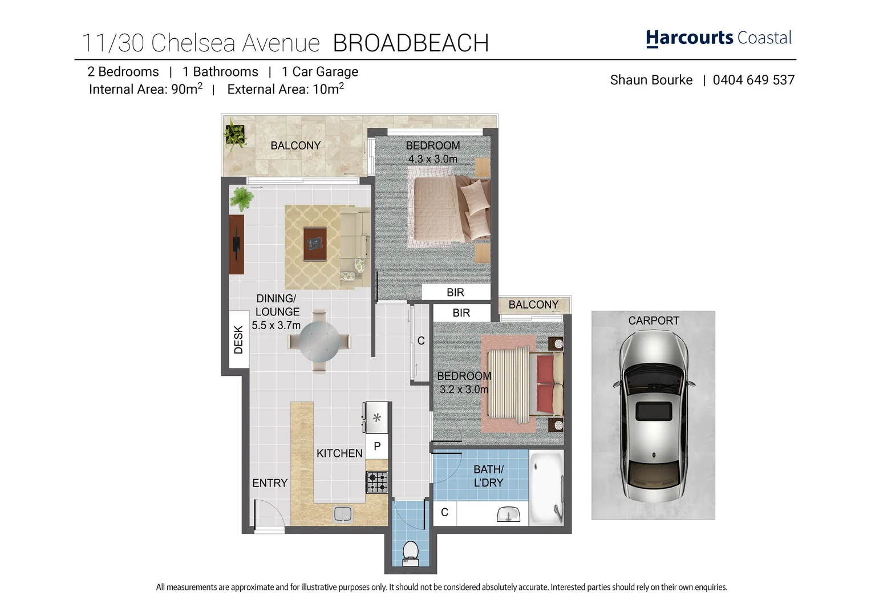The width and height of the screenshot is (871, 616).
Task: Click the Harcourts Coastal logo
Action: coord(718,38)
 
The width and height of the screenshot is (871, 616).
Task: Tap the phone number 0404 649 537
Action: coord(753,80)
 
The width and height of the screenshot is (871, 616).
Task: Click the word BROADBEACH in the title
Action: coord(411,43)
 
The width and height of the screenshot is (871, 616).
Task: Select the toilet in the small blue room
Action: coord(410,552)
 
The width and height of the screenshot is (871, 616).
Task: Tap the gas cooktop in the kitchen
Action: coord(376,483)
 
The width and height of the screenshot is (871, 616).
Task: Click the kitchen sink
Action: coord(343,514)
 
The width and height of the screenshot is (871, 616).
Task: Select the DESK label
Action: coord(238,340)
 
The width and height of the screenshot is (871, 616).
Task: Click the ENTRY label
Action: coord(270,483)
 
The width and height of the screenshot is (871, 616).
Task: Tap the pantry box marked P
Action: coord(377,446)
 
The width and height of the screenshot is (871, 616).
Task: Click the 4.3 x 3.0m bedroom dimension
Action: coord(432,159)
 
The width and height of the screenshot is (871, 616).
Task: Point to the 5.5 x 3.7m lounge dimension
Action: coord(276,325)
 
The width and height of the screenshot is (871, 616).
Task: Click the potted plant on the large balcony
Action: coord(234,135)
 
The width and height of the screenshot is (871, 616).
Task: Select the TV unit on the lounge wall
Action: coord(236,245)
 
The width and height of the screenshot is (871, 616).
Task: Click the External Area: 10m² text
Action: coord(285,90)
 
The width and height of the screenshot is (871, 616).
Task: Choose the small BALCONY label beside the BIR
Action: coord(533,305)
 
